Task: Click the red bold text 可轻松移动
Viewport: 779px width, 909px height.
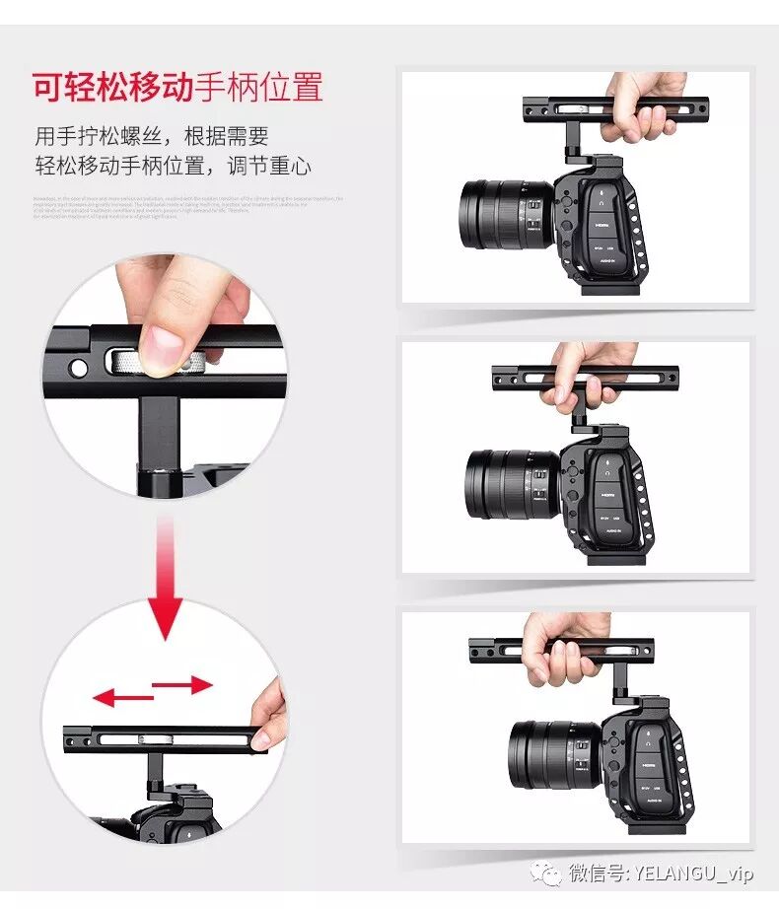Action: click(x=111, y=88)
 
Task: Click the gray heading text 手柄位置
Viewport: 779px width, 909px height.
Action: click(x=258, y=88)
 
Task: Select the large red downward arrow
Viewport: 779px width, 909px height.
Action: click(x=166, y=601)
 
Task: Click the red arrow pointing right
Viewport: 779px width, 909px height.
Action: click(x=183, y=684)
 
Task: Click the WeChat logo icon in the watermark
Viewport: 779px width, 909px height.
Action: click(x=544, y=874)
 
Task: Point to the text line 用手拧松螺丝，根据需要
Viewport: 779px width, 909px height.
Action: click(x=152, y=135)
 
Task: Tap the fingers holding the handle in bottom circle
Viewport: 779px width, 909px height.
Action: click(x=268, y=715)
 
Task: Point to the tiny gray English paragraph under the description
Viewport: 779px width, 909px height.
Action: click(x=187, y=207)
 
